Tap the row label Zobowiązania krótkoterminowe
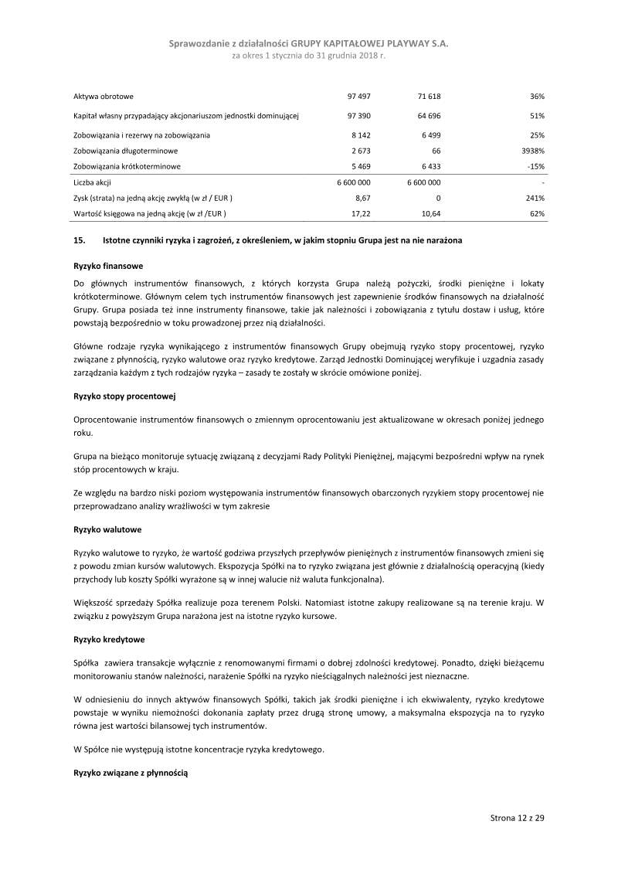point(127,166)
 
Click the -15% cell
point(536,166)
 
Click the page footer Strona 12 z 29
point(518,818)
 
